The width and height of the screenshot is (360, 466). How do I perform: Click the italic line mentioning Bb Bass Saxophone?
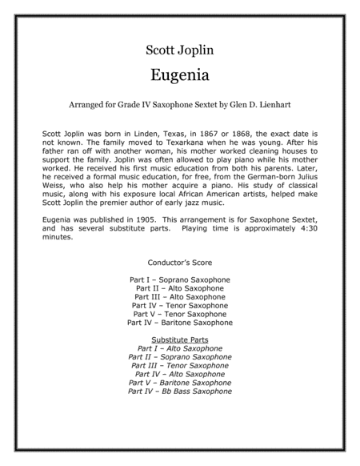click(x=180, y=392)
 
